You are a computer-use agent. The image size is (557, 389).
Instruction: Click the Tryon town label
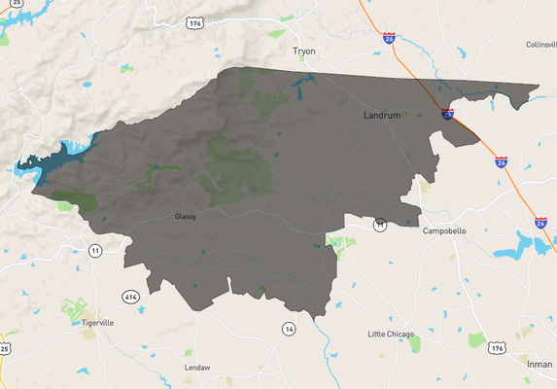click(x=305, y=51)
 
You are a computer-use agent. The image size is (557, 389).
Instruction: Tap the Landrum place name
click(x=381, y=115)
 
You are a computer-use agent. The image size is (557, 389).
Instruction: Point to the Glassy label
click(x=185, y=216)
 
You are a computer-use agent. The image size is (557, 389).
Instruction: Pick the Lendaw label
click(x=197, y=368)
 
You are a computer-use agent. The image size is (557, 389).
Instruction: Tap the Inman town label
click(x=540, y=363)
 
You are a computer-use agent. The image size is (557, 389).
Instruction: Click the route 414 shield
click(x=129, y=295)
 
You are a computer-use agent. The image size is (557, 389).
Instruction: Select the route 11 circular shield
click(x=95, y=251)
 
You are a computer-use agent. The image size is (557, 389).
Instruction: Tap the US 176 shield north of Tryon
click(x=196, y=22)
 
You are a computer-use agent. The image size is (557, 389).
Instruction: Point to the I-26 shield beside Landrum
click(x=447, y=114)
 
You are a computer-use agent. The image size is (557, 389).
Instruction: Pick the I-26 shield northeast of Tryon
click(x=389, y=38)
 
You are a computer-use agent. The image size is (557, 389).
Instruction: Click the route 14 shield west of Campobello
click(x=380, y=226)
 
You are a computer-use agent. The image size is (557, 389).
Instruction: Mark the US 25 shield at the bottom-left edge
click(x=5, y=347)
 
